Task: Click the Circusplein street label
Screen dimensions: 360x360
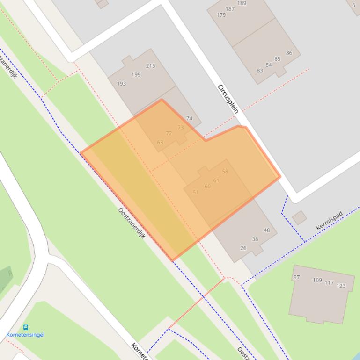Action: tap(228, 99)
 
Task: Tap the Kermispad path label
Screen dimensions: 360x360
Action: tap(329, 221)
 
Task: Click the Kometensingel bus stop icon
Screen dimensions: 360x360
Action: tap(25, 328)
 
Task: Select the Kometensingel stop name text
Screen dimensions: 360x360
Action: tap(25, 335)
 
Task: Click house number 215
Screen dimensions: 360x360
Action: tap(150, 66)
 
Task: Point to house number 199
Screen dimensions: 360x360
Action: tap(136, 74)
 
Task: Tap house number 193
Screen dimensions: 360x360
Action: tap(121, 84)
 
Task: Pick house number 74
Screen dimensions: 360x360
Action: tap(189, 118)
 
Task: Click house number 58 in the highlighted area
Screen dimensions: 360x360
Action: tap(225, 172)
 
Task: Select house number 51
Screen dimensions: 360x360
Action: tap(196, 192)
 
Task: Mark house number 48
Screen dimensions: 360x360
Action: tap(267, 230)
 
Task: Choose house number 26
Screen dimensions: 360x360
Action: tap(243, 248)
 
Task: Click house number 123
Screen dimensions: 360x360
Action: tap(341, 286)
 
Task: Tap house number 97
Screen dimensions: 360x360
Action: tap(296, 277)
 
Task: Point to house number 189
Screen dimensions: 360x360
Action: tap(242, 3)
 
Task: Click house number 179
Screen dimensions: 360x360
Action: tap(221, 15)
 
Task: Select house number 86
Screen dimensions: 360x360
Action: tap(289, 53)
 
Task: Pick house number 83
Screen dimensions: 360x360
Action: tap(260, 71)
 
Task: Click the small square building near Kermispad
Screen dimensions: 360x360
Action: tap(299, 218)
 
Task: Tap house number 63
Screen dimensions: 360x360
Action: tap(160, 142)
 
